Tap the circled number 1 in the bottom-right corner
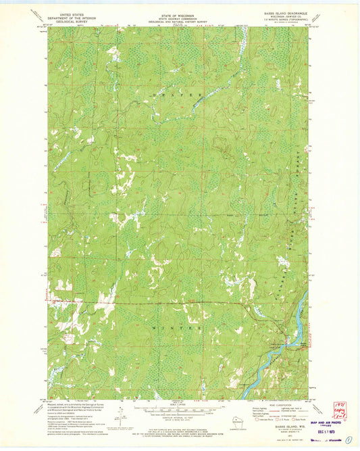(348, 440)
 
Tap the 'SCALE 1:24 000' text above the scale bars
(179, 406)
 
